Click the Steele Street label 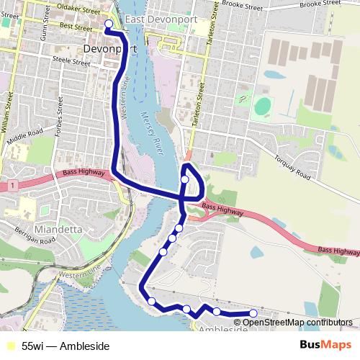[71, 62]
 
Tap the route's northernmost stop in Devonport [109, 24]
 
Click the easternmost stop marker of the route [253, 313]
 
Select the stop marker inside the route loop [185, 179]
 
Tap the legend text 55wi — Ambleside [66, 346]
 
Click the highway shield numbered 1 [13, 186]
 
